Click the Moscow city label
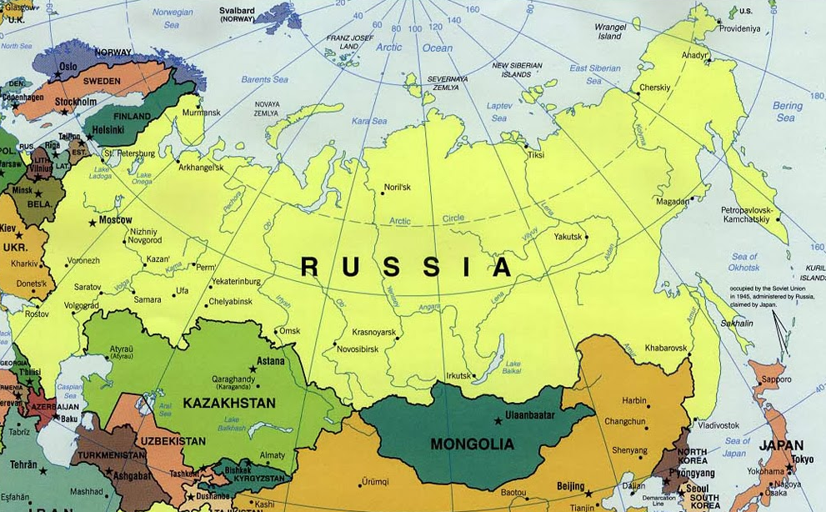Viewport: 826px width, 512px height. [x=116, y=220]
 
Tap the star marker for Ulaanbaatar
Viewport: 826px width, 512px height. [x=498, y=420]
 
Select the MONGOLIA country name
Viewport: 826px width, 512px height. [x=472, y=444]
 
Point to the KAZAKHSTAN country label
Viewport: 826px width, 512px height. [x=229, y=403]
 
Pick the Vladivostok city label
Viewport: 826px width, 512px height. [x=695, y=425]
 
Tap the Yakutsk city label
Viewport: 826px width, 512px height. [x=568, y=237]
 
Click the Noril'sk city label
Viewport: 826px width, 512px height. [x=397, y=187]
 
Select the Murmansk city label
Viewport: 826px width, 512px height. [x=201, y=113]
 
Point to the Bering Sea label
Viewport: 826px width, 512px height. [x=787, y=112]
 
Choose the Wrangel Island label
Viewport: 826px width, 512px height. [x=610, y=31]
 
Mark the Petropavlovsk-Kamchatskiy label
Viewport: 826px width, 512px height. [x=746, y=214]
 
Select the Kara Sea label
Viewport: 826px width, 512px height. [x=368, y=121]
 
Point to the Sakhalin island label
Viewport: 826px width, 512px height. [x=737, y=322]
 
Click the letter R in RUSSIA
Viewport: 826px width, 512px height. [x=309, y=267]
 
